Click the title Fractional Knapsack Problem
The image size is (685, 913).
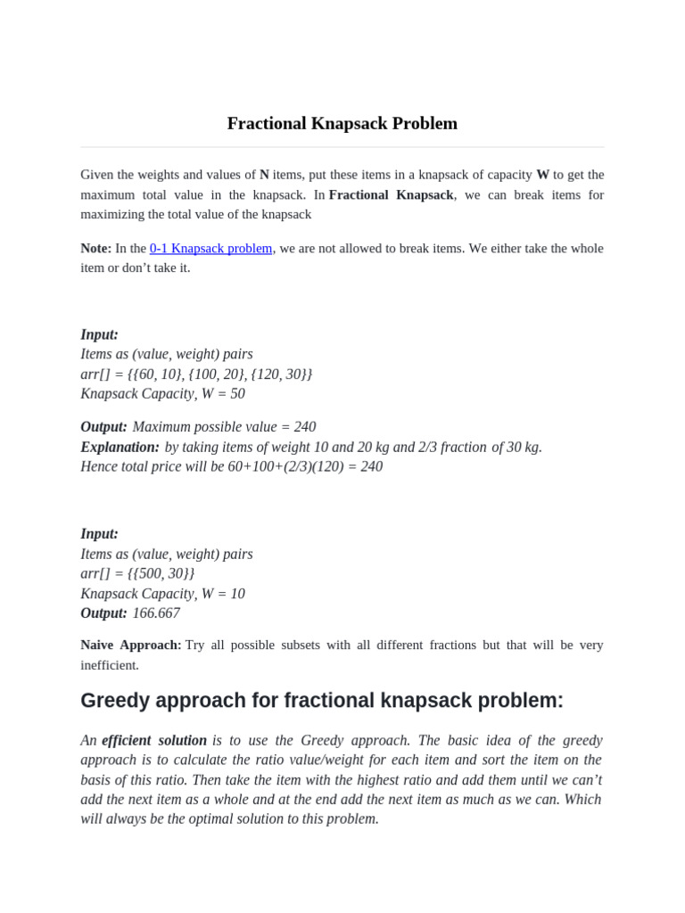342,123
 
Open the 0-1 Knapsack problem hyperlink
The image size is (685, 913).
210,248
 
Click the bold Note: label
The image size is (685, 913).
95,248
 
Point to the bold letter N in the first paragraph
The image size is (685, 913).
264,175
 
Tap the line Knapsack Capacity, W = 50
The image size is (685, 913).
162,393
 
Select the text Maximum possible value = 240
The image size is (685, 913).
224,427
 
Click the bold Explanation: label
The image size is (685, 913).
120,447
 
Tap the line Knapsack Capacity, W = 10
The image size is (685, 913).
162,593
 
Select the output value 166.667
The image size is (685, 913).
156,613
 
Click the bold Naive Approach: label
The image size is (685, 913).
130,645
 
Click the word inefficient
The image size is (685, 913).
110,665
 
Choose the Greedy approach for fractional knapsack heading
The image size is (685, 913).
322,701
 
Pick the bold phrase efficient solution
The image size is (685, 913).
154,740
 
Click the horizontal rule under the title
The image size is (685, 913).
342,147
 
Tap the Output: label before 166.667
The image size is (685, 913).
103,613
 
